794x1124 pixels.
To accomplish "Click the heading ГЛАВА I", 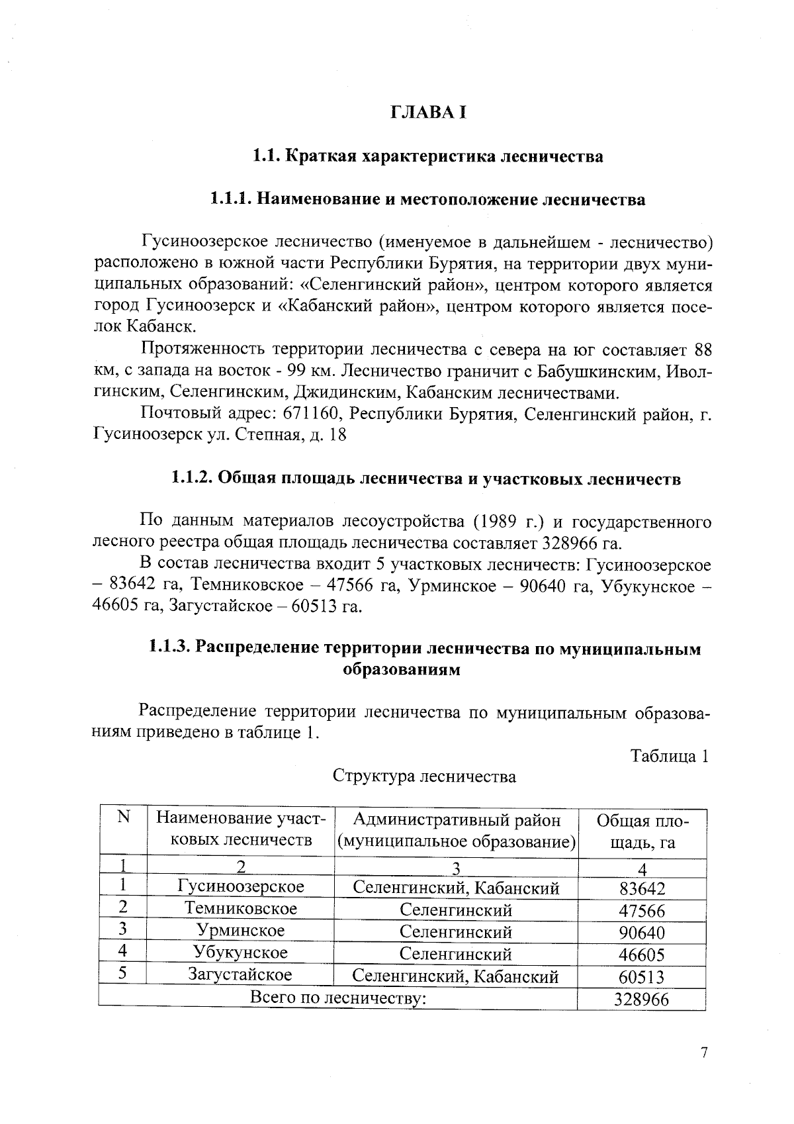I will click(x=428, y=113).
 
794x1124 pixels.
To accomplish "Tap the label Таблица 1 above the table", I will click(x=669, y=756).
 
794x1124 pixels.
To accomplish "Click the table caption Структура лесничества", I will click(x=424, y=776).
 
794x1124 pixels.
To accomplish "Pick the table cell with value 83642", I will click(x=642, y=889).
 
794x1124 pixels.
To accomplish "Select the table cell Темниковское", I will click(x=241, y=908).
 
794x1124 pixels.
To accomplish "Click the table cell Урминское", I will click(x=241, y=931).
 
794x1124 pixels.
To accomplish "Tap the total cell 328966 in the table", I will click(x=641, y=1000).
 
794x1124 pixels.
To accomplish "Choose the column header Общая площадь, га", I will click(x=642, y=832).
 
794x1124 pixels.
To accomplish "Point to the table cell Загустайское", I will click(x=241, y=974).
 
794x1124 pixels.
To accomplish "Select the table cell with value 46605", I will click(x=642, y=955).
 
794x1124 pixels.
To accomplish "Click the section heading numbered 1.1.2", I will click(x=425, y=479).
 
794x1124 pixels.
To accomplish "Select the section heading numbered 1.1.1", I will click(x=427, y=199).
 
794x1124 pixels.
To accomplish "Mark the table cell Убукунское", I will click(x=241, y=953).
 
